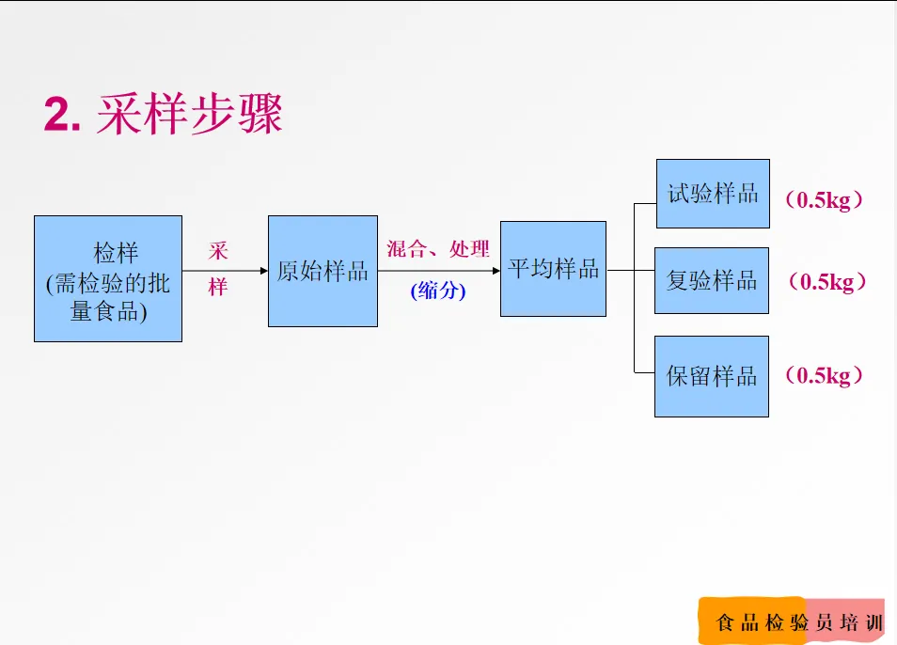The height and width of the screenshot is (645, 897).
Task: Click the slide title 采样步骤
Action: coord(190,114)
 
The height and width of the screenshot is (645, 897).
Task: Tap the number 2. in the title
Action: coord(62,115)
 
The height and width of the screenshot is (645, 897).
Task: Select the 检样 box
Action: coord(108,278)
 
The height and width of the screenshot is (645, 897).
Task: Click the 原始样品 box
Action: coord(323,271)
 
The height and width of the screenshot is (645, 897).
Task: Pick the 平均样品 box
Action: coord(553,269)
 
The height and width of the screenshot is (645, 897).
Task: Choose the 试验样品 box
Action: coord(713,194)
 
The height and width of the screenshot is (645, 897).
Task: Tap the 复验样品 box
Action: coord(712,281)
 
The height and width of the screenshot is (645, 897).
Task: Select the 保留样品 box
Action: coord(712,376)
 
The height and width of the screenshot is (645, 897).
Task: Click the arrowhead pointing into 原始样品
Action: coord(263,271)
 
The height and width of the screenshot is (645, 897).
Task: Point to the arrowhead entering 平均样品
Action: coord(496,271)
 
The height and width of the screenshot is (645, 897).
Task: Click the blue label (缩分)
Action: coord(438,291)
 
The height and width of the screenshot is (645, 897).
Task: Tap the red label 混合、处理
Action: coord(438,249)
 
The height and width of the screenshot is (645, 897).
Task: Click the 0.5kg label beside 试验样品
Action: coord(824,199)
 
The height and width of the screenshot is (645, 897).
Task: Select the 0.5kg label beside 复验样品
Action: coord(827,281)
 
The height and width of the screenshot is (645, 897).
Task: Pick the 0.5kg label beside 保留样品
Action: coord(824,376)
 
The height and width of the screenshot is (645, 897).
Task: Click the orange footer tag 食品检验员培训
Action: coord(792,621)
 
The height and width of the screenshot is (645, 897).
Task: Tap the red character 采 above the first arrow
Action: coord(218,251)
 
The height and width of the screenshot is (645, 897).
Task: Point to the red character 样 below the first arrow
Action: coord(218,287)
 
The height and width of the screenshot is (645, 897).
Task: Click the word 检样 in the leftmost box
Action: coord(117,253)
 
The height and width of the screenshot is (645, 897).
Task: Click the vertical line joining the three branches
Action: coord(635,289)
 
